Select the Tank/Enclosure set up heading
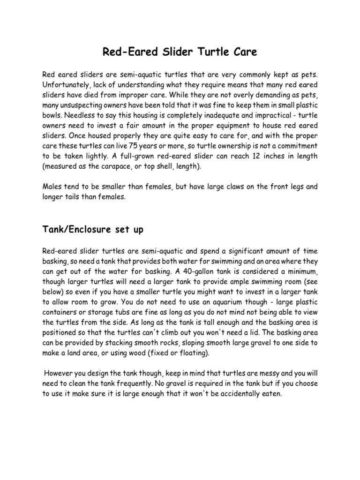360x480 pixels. (93, 230)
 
